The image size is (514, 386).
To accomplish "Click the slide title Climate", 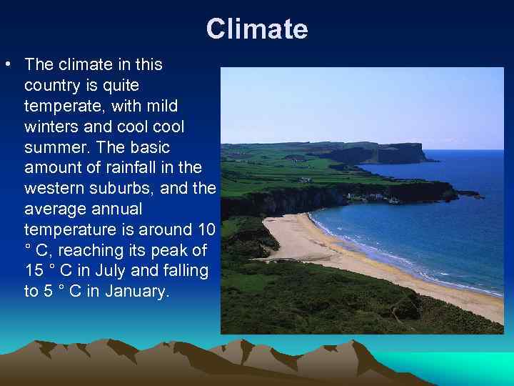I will tap(257, 29).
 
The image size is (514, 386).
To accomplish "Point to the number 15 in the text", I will tap(34, 272).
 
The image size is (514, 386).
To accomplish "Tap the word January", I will tap(128, 292).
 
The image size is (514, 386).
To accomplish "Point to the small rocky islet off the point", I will tap(469, 193).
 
